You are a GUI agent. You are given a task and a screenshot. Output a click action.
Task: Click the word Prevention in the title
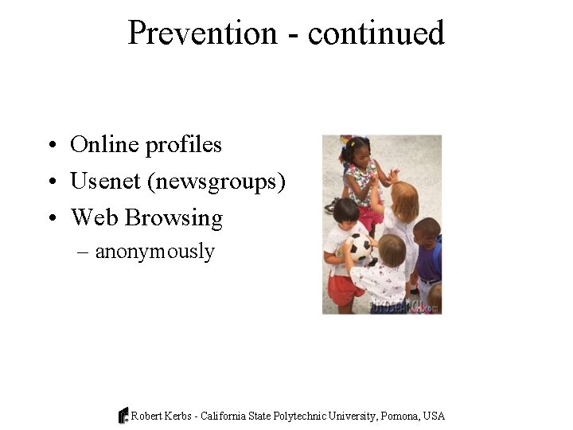(x=202, y=33)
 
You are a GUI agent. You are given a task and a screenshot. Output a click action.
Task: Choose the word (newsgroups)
(x=216, y=182)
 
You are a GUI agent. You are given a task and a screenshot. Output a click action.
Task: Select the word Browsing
(x=173, y=218)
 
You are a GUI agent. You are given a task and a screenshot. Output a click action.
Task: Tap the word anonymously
(x=155, y=252)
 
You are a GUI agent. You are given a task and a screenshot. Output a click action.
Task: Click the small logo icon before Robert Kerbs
(x=123, y=416)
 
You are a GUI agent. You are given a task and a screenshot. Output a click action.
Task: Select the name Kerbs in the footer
(x=179, y=416)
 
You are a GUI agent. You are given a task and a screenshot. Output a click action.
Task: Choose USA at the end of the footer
(x=435, y=416)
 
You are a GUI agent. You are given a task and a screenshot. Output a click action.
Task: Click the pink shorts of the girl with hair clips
(x=370, y=216)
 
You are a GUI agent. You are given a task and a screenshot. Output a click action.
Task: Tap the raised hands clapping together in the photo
(x=392, y=175)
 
